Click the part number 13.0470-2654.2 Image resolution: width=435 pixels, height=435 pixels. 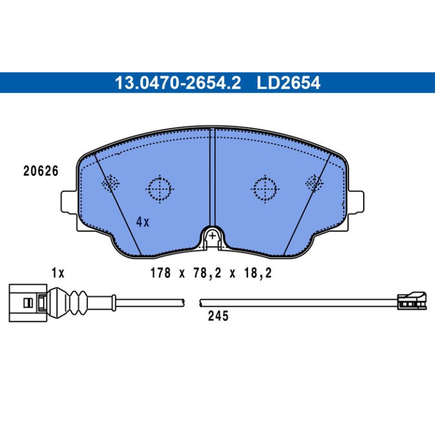click(178, 82)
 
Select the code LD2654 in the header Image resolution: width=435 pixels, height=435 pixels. click(289, 82)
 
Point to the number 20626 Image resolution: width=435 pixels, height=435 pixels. click(41, 171)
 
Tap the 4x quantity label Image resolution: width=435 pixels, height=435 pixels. click(142, 222)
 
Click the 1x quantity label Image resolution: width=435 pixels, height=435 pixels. click(58, 273)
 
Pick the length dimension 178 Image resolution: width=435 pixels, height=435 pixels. click(160, 273)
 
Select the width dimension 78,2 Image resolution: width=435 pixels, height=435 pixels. click(207, 273)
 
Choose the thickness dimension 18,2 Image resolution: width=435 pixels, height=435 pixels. click(258, 273)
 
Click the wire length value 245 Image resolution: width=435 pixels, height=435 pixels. click(218, 316)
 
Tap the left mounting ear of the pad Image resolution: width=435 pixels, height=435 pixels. click(68, 202)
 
